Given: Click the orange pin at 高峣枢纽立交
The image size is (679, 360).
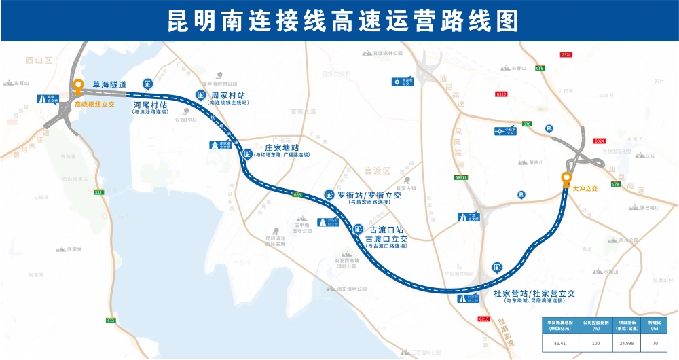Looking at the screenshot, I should click(x=79, y=87).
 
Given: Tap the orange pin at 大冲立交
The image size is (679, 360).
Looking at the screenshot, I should click(x=566, y=179).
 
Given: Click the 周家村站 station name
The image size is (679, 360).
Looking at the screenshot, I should click(x=228, y=95).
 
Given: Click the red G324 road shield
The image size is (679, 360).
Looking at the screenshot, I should click(x=599, y=141).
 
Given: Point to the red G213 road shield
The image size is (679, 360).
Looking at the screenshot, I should click(x=484, y=318).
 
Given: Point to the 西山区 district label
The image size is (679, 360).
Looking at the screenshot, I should click(x=39, y=60).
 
